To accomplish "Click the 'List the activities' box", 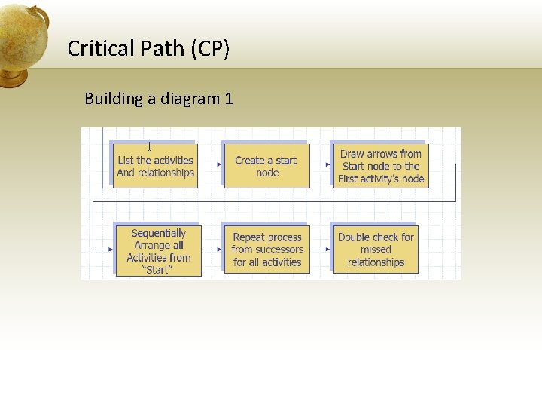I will coord(155,166).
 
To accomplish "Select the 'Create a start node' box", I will coord(266,166).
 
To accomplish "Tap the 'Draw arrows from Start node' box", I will coord(381,166).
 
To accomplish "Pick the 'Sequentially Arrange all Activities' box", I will coord(158,250).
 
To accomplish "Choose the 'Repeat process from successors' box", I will coord(267,249).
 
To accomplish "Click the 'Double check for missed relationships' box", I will coord(376,249).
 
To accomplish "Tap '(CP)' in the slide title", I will coord(210,49).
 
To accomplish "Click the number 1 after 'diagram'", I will coord(229,99).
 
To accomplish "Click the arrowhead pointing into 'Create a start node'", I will coord(219,164).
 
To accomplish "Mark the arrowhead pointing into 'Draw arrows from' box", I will coord(328,164).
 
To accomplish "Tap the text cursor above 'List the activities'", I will coord(149,148).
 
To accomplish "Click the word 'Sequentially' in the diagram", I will coord(158,234).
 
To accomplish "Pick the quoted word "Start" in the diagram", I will coord(158,270).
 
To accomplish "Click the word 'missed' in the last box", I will coord(376,249).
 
